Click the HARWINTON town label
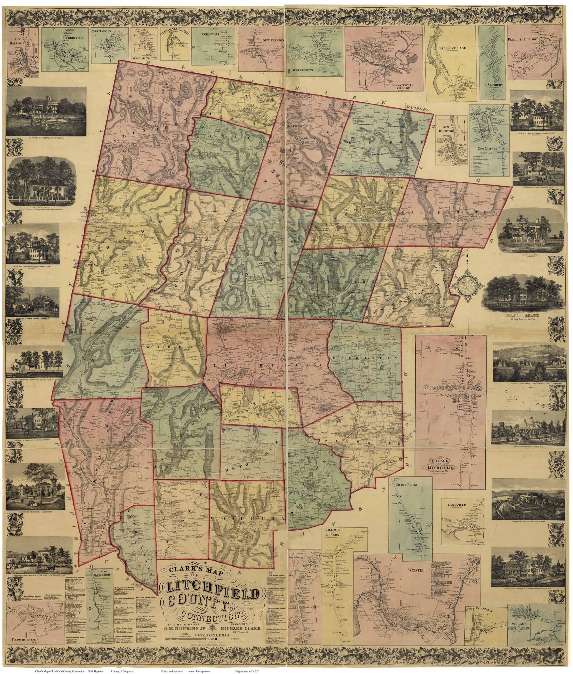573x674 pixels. point(364,357)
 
